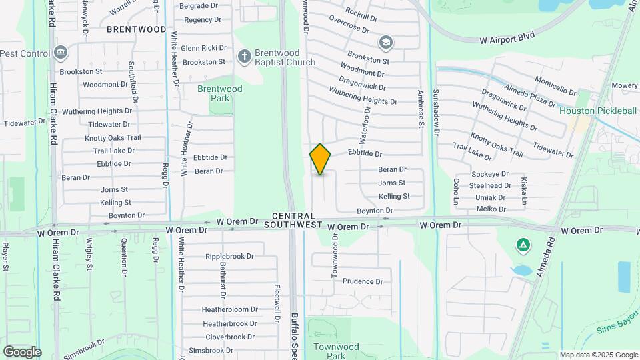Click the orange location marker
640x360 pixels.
(321, 159)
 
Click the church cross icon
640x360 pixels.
(245, 57)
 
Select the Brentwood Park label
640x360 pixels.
(219, 93)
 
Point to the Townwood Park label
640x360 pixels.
(336, 351)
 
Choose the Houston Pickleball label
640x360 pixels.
(598, 111)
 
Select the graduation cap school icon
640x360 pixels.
(385, 43)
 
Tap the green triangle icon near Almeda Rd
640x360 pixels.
(523, 245)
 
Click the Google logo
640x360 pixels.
(22, 351)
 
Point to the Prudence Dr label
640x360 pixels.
(363, 281)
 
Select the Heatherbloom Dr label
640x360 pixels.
(230, 309)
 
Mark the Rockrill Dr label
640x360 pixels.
(362, 13)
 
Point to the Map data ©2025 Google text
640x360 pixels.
(599, 355)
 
